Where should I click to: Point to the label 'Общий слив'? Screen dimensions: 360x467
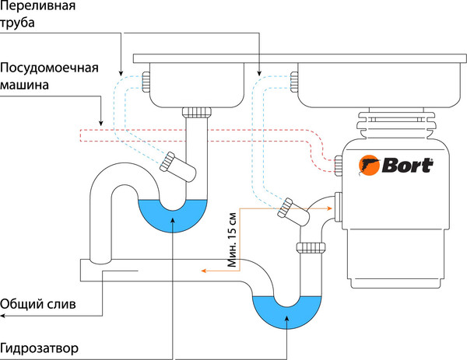click(38, 303)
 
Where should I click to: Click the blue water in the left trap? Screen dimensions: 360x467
click(172, 214)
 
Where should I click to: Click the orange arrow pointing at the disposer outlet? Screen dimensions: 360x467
click(328, 208)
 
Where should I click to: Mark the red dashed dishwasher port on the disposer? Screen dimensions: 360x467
click(338, 163)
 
